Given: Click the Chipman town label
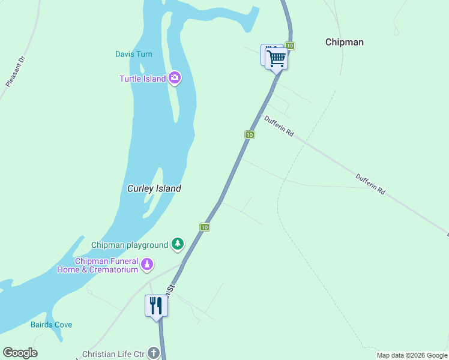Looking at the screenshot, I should pyautogui.click(x=344, y=42).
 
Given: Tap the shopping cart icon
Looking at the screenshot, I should pyautogui.click(x=276, y=58).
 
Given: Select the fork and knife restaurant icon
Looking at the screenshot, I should pyautogui.click(x=156, y=305).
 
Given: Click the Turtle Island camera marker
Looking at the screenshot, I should pyautogui.click(x=175, y=77).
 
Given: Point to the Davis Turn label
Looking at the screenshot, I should pyautogui.click(x=133, y=54).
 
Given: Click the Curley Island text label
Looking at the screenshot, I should pyautogui.click(x=154, y=188).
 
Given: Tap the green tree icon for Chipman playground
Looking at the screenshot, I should pyautogui.click(x=177, y=244).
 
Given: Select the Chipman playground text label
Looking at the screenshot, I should pyautogui.click(x=129, y=245).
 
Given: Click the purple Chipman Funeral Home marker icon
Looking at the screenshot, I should pyautogui.click(x=146, y=264).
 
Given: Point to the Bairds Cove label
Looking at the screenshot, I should pyautogui.click(x=51, y=325).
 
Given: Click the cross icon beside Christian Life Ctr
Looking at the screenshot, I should pyautogui.click(x=154, y=353).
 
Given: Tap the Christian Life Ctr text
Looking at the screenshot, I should pyautogui.click(x=113, y=354).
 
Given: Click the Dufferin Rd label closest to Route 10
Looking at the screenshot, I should pyautogui.click(x=279, y=126).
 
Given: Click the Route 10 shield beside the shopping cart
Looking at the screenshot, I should pyautogui.click(x=290, y=46).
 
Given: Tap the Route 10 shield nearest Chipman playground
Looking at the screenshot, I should pyautogui.click(x=205, y=227).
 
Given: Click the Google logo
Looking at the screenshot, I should pyautogui.click(x=20, y=353).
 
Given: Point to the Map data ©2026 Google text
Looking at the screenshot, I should pyautogui.click(x=411, y=355).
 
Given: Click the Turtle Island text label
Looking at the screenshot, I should pyautogui.click(x=142, y=79).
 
